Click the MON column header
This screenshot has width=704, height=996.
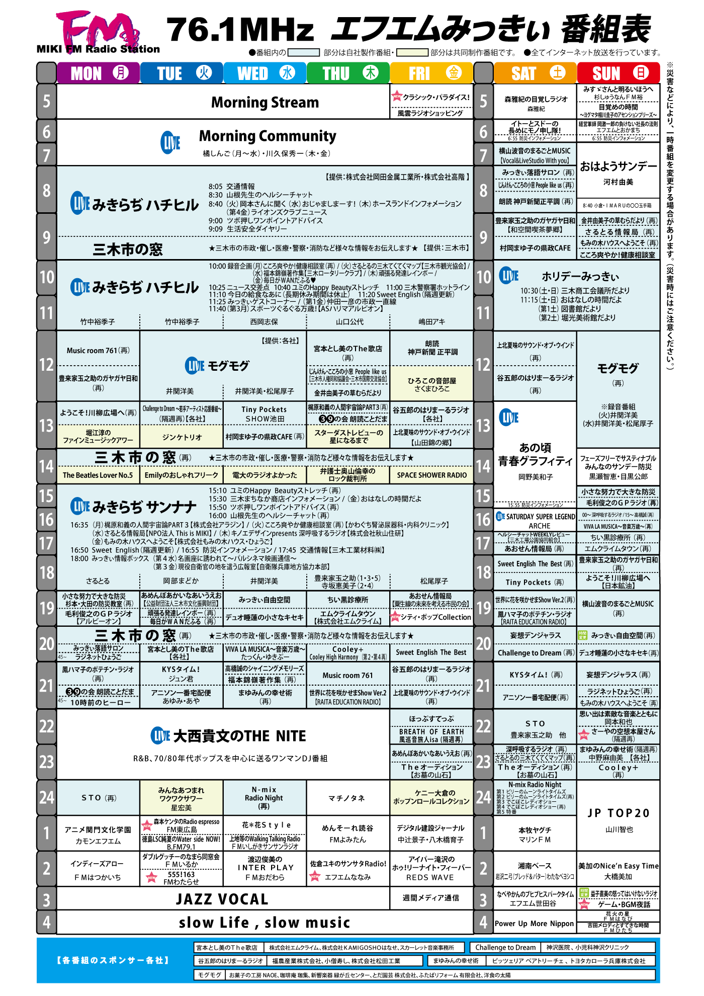(x=99, y=73)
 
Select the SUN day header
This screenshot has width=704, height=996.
(x=618, y=73)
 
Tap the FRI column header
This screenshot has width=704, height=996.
(x=431, y=73)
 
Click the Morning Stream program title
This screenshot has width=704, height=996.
(x=265, y=103)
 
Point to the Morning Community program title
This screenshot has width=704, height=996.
(x=268, y=136)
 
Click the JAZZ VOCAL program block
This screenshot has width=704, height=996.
(x=222, y=899)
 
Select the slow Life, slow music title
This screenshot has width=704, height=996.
(x=265, y=923)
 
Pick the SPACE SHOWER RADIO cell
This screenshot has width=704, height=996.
(x=431, y=475)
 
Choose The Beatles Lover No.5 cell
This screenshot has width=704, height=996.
(x=98, y=475)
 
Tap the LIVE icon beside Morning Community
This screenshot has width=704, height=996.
(x=170, y=143)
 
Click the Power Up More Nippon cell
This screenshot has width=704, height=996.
(x=534, y=924)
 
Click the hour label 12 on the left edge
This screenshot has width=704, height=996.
(x=46, y=365)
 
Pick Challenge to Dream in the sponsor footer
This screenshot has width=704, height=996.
(x=505, y=947)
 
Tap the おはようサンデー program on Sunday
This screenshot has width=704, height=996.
(x=619, y=167)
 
